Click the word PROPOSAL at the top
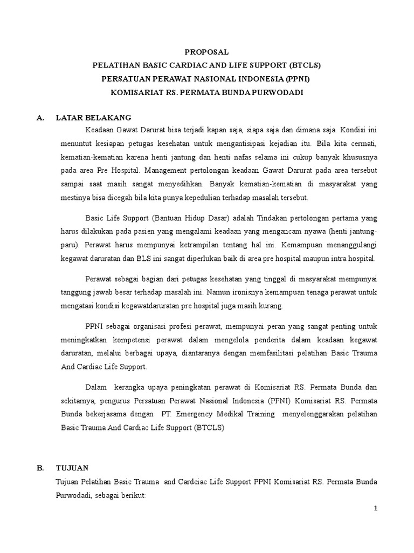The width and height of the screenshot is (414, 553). (x=207, y=52)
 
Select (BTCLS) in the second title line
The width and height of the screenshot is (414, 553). (x=305, y=66)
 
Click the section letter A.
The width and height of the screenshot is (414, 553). (x=40, y=118)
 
